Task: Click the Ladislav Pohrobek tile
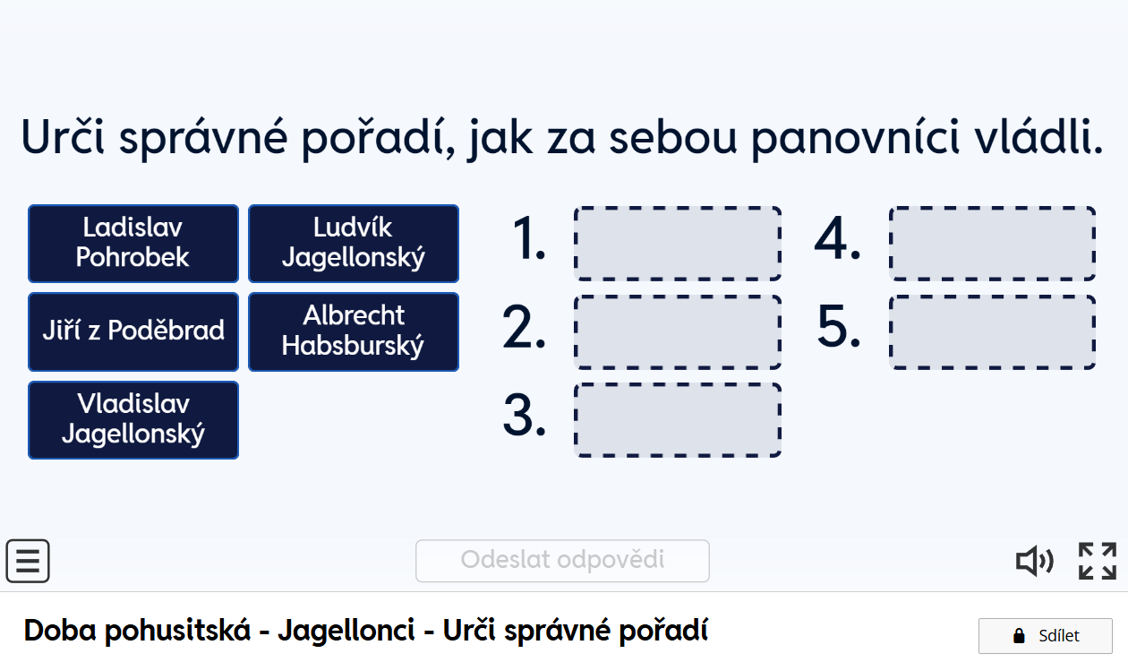(133, 244)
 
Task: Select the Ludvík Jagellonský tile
(354, 244)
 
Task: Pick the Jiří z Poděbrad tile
(133, 331)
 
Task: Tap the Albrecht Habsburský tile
(354, 331)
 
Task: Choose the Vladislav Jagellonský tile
(133, 420)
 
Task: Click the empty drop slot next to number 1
(678, 244)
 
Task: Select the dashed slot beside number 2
(678, 332)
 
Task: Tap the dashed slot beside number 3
(678, 420)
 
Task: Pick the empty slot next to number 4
(993, 244)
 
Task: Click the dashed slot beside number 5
(993, 332)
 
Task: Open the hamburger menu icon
(28, 561)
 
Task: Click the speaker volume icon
(1034, 561)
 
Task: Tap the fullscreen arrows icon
(1098, 561)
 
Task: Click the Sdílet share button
(1046, 636)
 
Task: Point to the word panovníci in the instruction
(855, 139)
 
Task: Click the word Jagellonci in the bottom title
(346, 631)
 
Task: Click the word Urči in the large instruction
(63, 136)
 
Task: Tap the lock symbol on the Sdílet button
(1019, 636)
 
